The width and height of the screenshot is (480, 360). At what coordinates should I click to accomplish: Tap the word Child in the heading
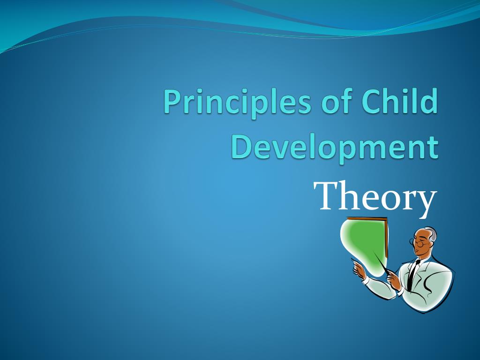click(399, 100)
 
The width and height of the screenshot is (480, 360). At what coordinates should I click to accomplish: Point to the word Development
click(335, 148)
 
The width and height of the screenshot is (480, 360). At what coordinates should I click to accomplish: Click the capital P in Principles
click(174, 101)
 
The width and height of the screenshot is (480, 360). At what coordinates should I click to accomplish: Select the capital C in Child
click(372, 101)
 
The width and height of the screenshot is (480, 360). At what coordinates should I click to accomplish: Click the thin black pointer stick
click(382, 262)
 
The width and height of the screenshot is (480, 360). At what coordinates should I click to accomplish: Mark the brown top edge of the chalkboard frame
click(367, 218)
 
